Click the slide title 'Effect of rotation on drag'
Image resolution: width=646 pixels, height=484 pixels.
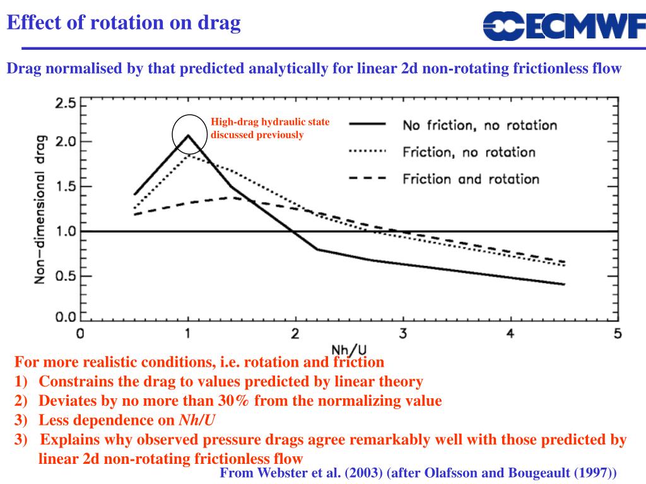(x=124, y=23)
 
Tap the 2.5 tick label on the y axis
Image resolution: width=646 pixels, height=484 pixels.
(x=65, y=103)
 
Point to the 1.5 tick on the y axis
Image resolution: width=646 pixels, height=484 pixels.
(x=65, y=187)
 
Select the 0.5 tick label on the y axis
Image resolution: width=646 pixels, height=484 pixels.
(x=65, y=276)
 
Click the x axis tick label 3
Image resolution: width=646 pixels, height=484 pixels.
(x=402, y=333)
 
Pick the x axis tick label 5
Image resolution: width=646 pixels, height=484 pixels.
(x=617, y=333)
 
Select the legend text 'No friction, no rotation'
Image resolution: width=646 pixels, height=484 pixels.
(x=479, y=125)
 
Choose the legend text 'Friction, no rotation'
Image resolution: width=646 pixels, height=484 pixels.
(x=469, y=152)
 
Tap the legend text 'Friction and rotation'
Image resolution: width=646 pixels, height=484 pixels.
(x=471, y=179)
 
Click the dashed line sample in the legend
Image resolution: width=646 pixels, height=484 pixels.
(x=367, y=179)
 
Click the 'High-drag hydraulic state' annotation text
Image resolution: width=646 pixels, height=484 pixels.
(x=270, y=122)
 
